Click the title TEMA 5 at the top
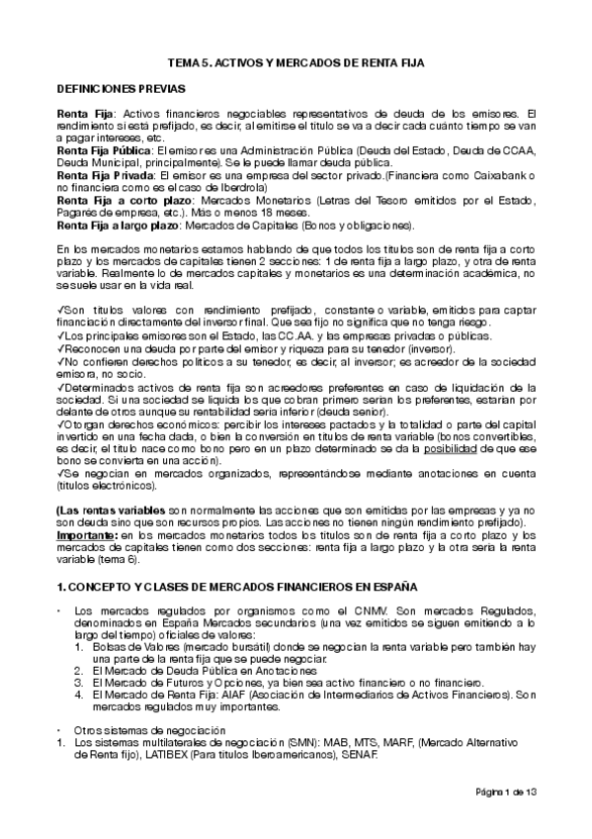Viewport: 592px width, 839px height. (x=295, y=62)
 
